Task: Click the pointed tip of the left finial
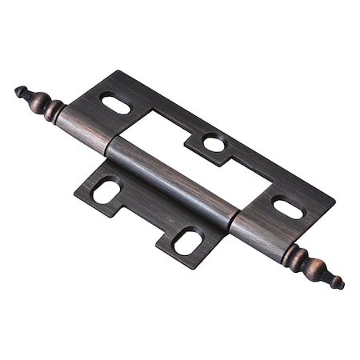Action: (17, 90)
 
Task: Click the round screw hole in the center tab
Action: (214, 143)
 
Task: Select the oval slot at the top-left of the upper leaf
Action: (114, 103)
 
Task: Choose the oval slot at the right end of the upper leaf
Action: (288, 207)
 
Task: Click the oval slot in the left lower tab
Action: (106, 190)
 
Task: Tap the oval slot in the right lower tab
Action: (187, 241)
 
